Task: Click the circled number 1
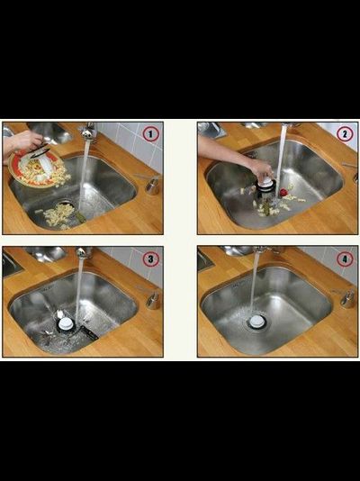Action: pyautogui.click(x=150, y=134)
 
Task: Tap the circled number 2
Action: pyautogui.click(x=345, y=134)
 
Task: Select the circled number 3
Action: pyautogui.click(x=150, y=259)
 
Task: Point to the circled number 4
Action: pyautogui.click(x=345, y=259)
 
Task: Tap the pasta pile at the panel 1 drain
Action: pyautogui.click(x=59, y=214)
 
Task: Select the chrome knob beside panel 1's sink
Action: pyautogui.click(x=152, y=185)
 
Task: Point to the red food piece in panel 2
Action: pyautogui.click(x=284, y=193)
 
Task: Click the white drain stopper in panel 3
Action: pyautogui.click(x=65, y=323)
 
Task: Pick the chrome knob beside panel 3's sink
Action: pyautogui.click(x=153, y=300)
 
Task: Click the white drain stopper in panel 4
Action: pyautogui.click(x=256, y=322)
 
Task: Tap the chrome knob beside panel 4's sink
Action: pyautogui.click(x=347, y=298)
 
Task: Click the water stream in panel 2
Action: pyautogui.click(x=281, y=159)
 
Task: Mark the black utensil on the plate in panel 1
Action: pyautogui.click(x=40, y=151)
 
